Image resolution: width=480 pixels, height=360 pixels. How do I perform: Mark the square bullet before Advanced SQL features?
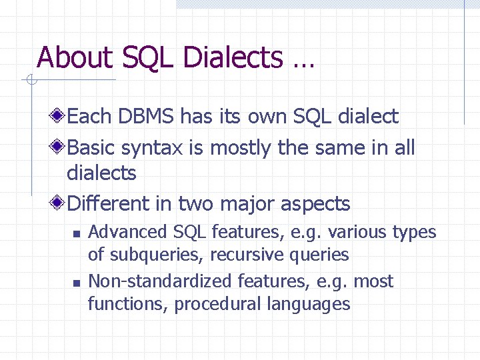pyautogui.click(x=76, y=233)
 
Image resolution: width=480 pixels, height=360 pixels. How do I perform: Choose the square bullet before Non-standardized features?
pyautogui.click(x=76, y=283)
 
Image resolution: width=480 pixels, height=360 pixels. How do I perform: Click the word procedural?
pyautogui.click(x=217, y=305)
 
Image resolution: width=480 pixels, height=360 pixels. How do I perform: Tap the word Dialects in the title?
pyautogui.click(x=232, y=58)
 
